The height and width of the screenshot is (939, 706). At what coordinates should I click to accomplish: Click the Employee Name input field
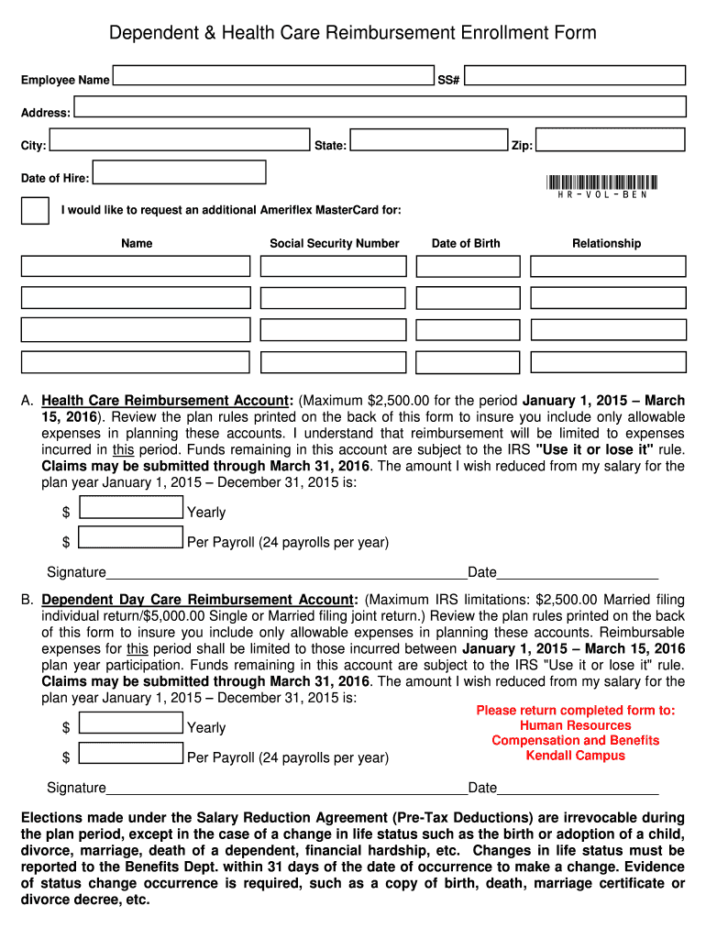273,78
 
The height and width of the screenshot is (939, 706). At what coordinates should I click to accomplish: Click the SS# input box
574,78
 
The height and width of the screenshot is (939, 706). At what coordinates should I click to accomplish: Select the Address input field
380,107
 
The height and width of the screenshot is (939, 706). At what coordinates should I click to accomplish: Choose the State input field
429,140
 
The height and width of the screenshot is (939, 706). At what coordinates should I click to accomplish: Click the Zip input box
610,140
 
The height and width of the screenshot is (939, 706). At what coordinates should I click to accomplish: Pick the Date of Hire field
180,172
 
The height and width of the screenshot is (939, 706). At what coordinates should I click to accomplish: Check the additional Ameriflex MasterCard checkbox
35,210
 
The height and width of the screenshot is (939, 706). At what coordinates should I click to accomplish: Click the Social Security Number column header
335,244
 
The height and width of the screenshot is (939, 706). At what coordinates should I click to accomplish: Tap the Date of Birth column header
466,244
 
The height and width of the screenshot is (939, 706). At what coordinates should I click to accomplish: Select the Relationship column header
606,244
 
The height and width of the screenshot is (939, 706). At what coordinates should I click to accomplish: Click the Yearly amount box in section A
131,508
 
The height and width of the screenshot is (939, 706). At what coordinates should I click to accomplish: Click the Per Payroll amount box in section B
131,754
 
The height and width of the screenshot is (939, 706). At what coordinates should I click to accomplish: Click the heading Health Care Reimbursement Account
166,402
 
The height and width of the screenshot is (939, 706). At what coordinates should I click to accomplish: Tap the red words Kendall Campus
575,756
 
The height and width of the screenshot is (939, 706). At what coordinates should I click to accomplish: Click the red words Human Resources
575,725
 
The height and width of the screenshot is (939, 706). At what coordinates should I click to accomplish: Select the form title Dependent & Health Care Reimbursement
353,34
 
